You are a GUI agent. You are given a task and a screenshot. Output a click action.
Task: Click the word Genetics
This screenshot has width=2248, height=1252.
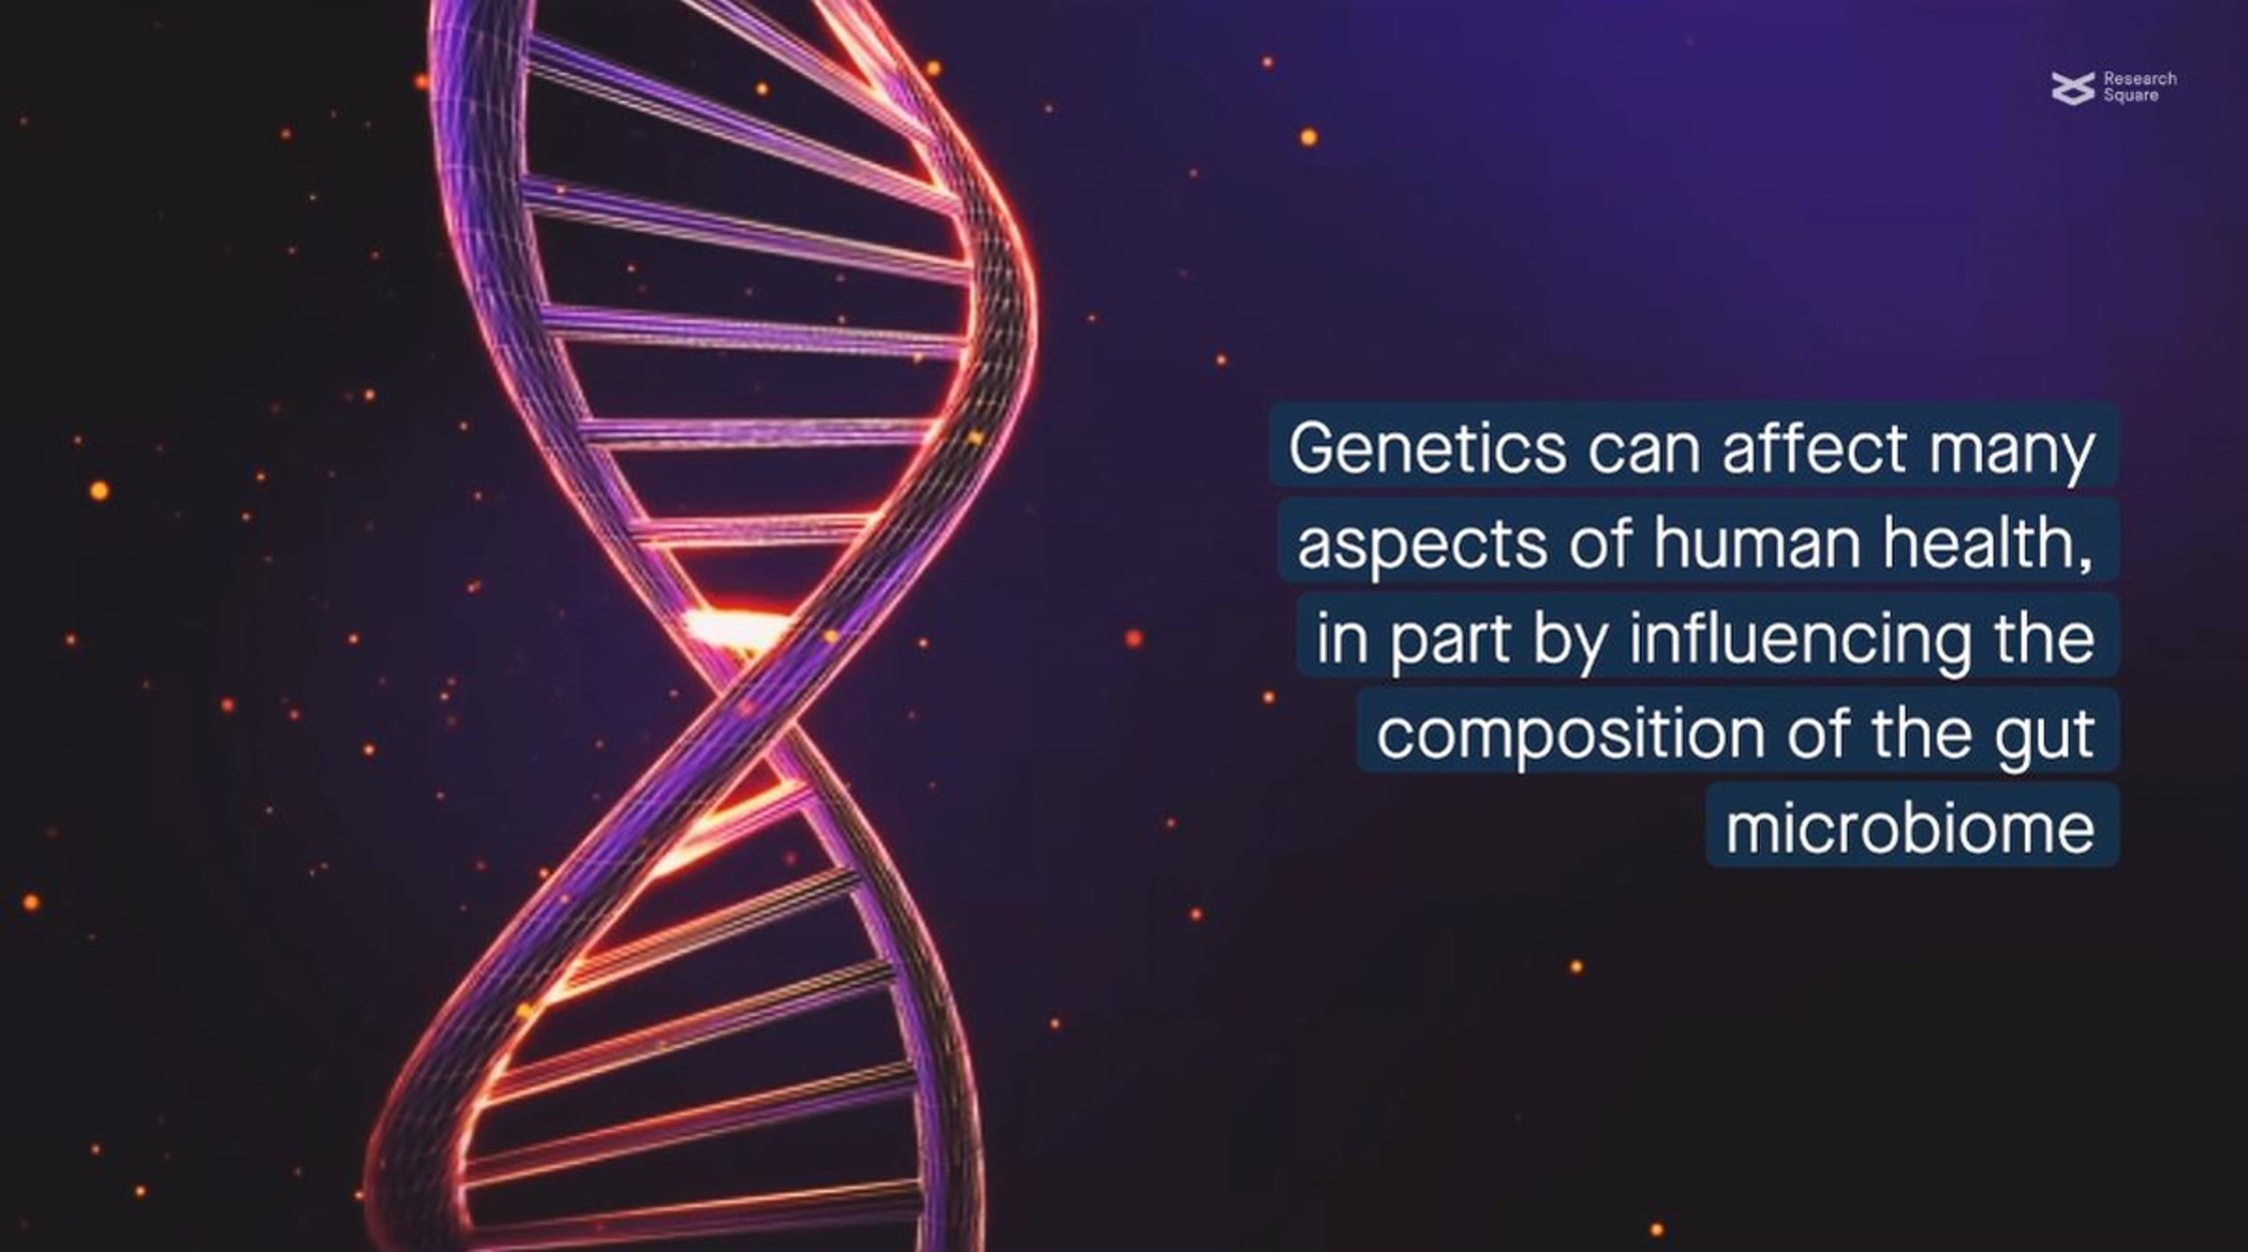[1427, 448]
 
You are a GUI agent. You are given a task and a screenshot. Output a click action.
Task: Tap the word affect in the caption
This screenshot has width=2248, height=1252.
[1813, 447]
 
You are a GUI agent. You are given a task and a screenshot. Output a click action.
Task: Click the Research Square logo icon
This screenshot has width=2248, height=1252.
[2073, 88]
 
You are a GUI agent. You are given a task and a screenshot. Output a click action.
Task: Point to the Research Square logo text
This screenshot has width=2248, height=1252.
[2139, 87]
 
